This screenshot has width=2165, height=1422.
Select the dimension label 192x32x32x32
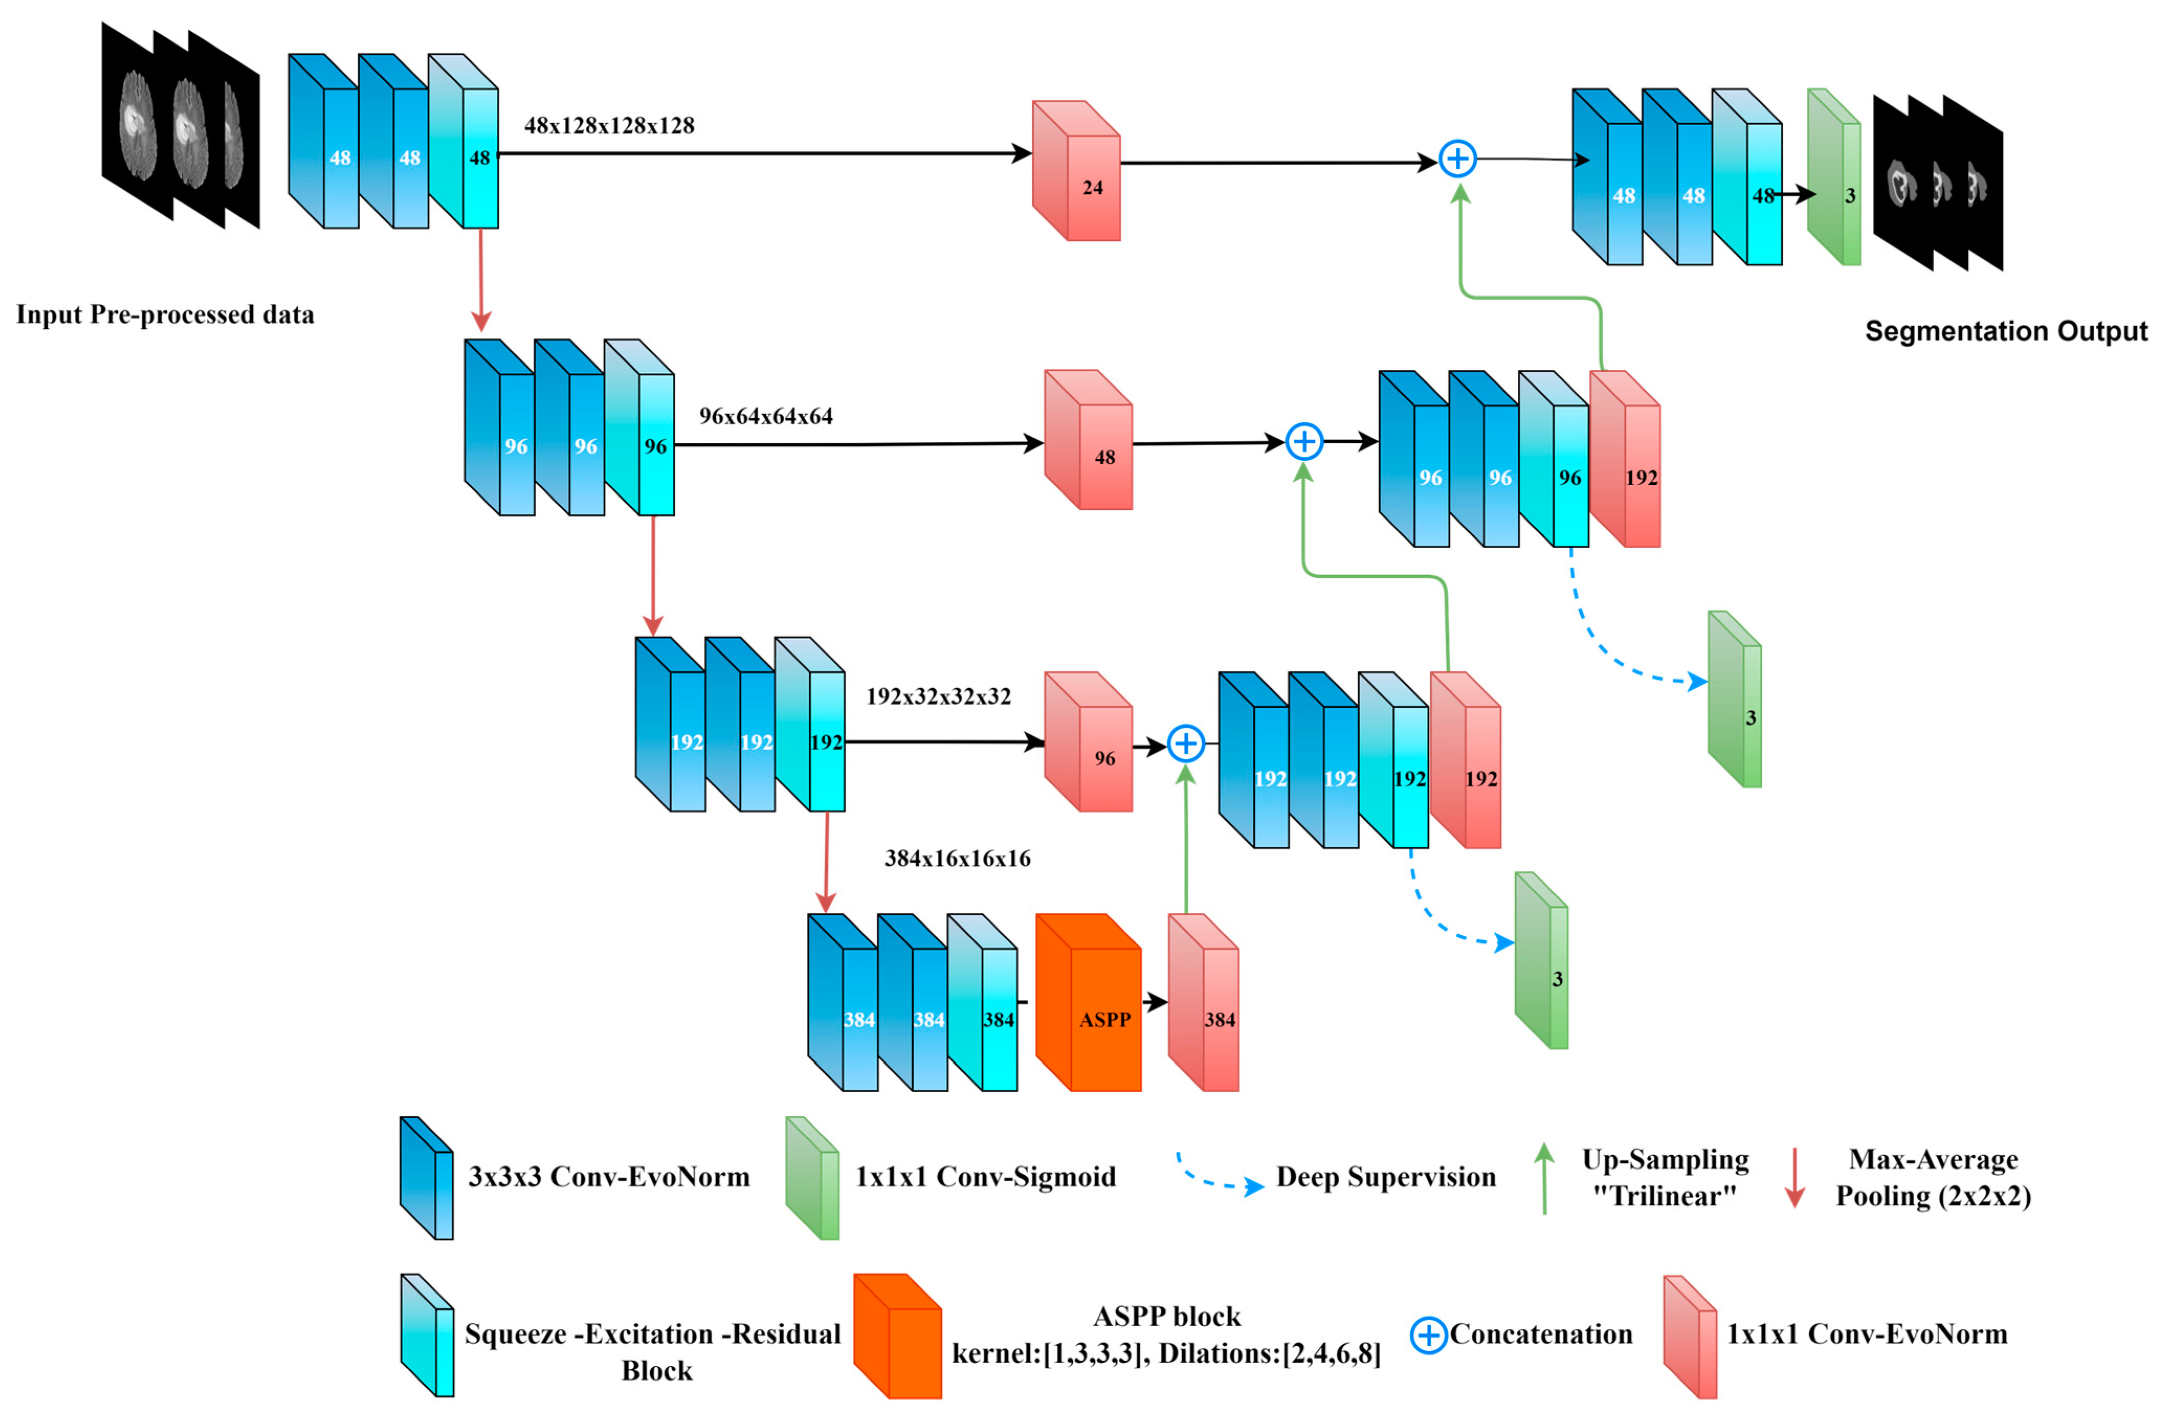[938, 696]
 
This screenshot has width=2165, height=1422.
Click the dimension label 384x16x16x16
[957, 858]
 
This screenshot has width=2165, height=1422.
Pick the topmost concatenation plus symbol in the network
[1457, 159]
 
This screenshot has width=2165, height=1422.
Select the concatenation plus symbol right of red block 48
[1304, 442]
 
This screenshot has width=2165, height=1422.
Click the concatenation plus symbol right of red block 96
[1185, 743]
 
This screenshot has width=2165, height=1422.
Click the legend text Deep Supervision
[1385, 1177]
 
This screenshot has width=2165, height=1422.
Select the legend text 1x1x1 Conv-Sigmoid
[985, 1177]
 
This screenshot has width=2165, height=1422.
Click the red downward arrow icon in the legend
[1794, 1177]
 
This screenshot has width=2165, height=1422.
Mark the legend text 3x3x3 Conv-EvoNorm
[608, 1177]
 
